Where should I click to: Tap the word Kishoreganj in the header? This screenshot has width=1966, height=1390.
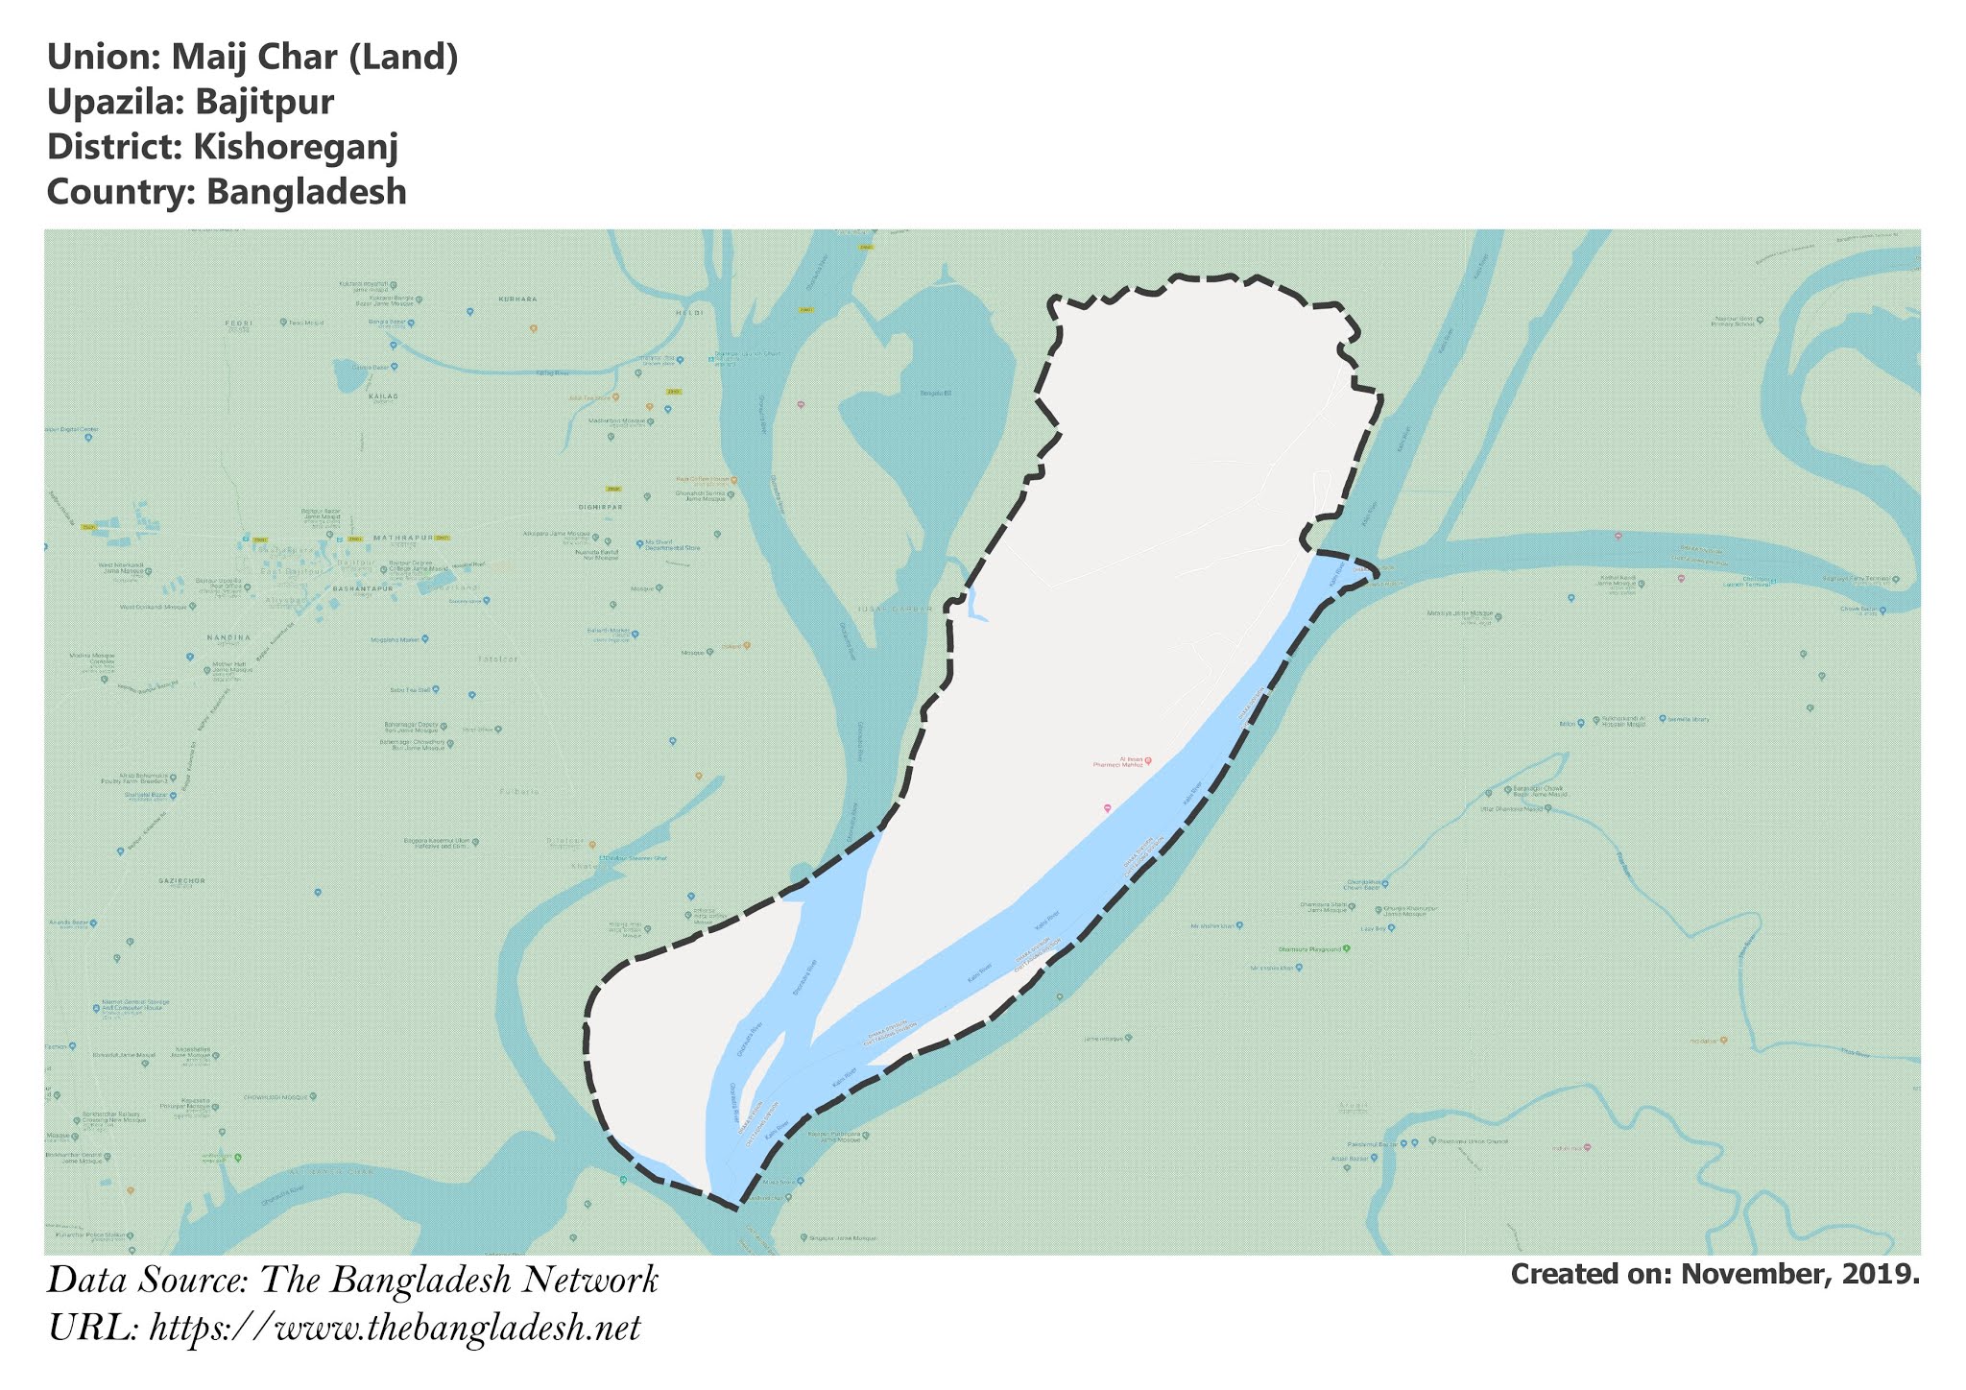click(295, 147)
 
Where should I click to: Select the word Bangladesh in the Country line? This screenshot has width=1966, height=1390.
click(306, 192)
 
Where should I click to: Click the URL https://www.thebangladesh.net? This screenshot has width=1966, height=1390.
click(396, 1329)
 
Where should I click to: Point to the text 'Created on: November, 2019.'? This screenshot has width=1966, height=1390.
click(1714, 1274)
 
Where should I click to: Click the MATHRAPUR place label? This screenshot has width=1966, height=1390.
click(398, 538)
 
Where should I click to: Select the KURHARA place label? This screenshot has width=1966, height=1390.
click(518, 300)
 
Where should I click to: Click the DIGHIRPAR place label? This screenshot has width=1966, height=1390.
click(602, 507)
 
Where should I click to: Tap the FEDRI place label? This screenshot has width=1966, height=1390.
click(237, 324)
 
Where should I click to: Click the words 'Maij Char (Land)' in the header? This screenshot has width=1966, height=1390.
click(315, 58)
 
